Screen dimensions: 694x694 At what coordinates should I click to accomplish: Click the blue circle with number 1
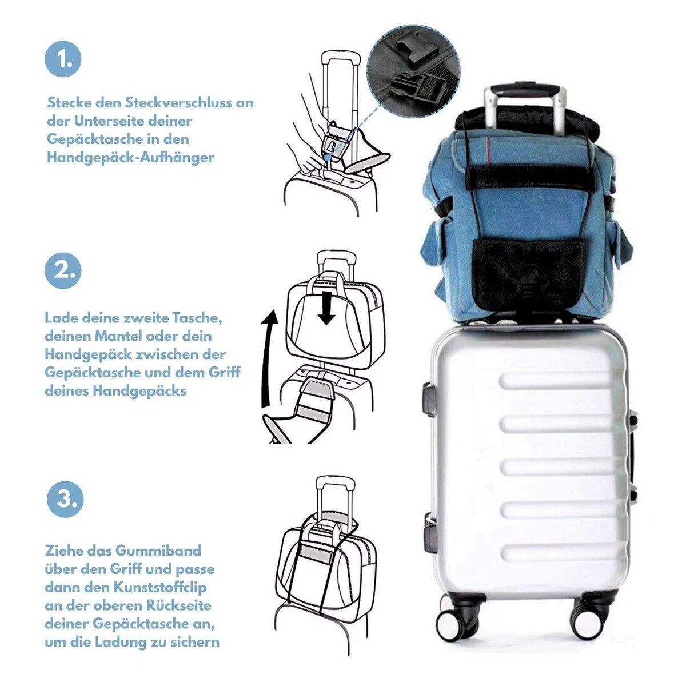point(63,59)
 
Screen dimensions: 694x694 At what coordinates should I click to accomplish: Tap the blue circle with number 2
point(63,270)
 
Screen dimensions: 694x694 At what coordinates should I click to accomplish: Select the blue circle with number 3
point(65,499)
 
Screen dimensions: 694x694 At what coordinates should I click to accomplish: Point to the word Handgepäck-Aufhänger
point(131,158)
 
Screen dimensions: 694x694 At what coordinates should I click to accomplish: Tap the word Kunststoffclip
point(160,588)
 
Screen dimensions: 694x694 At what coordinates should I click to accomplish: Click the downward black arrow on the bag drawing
point(326,308)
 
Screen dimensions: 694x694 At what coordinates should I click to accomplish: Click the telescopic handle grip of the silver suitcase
point(524,90)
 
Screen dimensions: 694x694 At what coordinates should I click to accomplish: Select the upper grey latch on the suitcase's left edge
point(429,401)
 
